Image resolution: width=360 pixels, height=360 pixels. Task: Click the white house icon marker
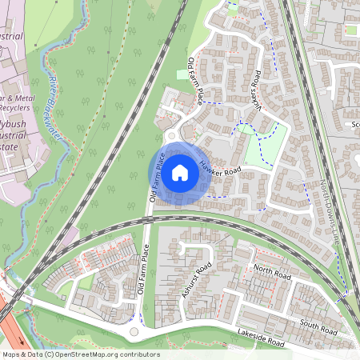click(180, 171)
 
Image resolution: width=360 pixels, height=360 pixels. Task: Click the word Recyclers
click(14, 107)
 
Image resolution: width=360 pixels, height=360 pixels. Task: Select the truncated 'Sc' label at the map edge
click(354, 125)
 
